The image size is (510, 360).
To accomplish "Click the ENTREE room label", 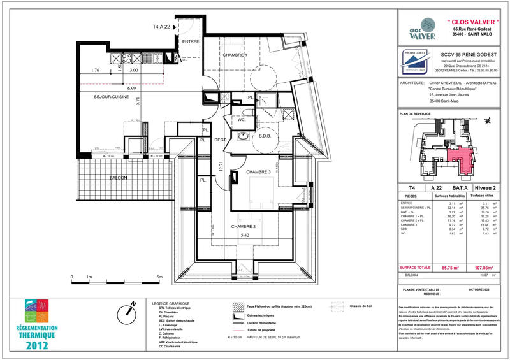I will pyautogui.click(x=191, y=41).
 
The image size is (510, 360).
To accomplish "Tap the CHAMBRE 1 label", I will pyautogui.click(x=235, y=55).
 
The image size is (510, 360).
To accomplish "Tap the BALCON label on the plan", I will pyautogui.click(x=119, y=177).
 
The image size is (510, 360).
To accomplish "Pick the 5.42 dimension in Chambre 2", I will pyautogui.click(x=245, y=235).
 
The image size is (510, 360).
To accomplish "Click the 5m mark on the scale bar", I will pyautogui.click(x=159, y=277).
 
